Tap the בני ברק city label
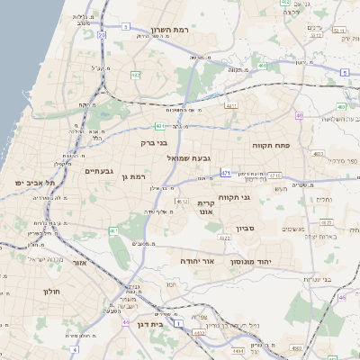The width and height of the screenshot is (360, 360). [x=155, y=142]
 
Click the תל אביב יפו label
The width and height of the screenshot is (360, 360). [x=35, y=183]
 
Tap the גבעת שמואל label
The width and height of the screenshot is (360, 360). [x=189, y=157]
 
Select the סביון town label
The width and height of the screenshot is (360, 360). [x=246, y=229]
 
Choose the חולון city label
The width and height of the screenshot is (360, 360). [x=50, y=292]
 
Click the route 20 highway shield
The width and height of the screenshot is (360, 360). [x=102, y=35]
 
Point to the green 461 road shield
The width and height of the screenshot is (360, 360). [x=113, y=231]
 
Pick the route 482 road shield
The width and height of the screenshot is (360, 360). [x=136, y=75]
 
